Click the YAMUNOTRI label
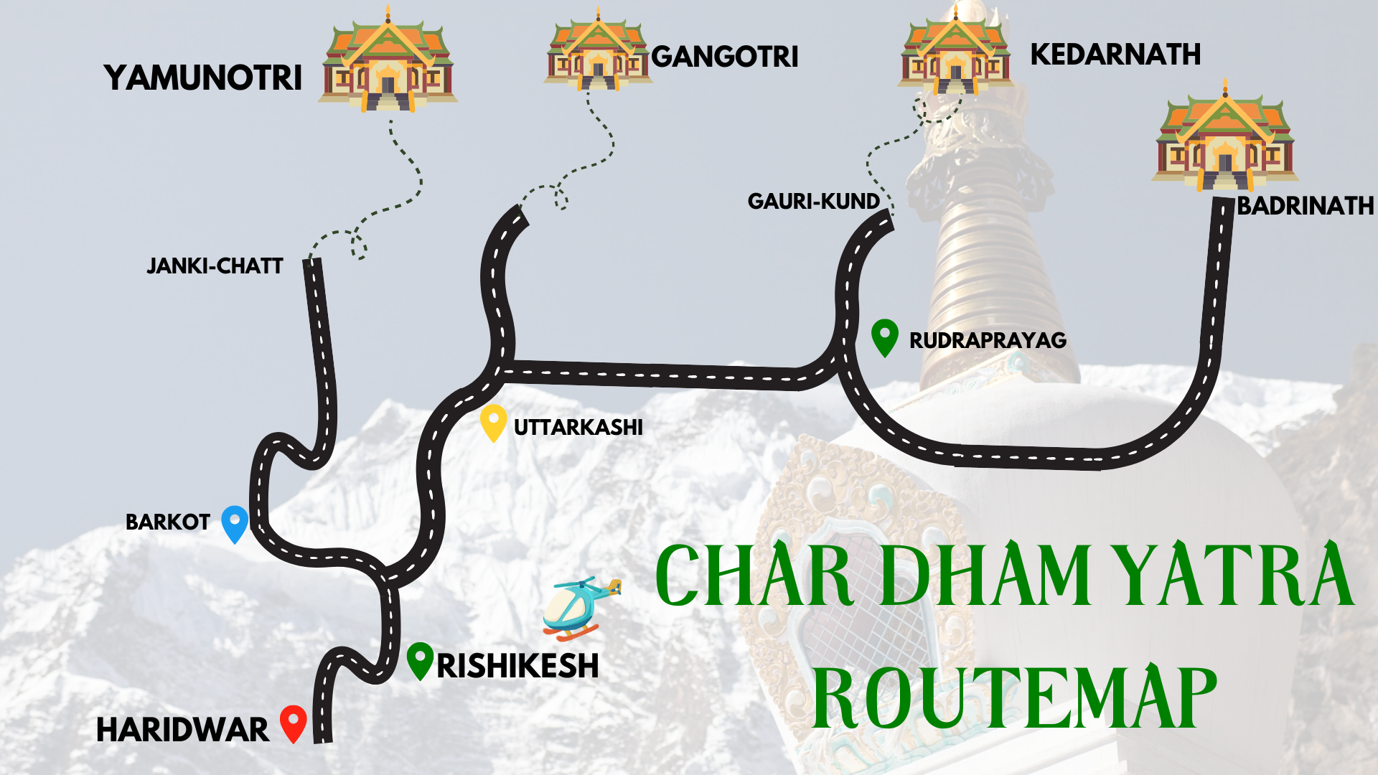202,77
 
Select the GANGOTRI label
724,57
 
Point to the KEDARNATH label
1115,55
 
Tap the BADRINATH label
1305,206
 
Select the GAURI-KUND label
813,202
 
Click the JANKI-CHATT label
215,266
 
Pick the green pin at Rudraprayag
884,337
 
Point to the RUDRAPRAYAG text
988,340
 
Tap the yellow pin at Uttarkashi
493,422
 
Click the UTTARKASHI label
578,428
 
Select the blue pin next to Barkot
234,523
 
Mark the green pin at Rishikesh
420,659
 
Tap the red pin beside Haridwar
293,723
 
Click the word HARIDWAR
182,731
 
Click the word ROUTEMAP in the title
1013,698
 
